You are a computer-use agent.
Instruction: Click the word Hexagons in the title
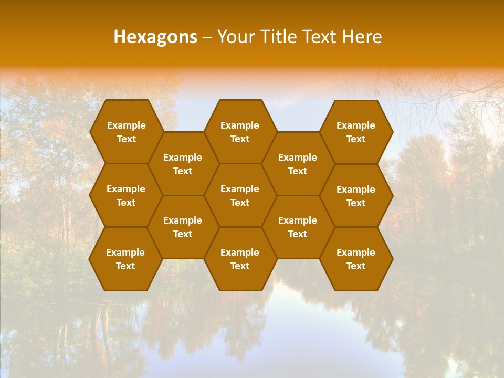pyautogui.click(x=155, y=37)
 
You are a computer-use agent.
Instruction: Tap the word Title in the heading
pyautogui.click(x=282, y=37)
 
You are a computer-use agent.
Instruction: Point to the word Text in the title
pyautogui.click(x=323, y=37)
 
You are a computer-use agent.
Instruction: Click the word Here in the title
pyautogui.click(x=362, y=37)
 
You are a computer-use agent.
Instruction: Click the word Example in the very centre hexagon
pyautogui.click(x=240, y=189)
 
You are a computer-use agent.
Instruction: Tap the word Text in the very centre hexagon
pyautogui.click(x=240, y=203)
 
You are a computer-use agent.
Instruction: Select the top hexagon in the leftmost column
pyautogui.click(x=126, y=132)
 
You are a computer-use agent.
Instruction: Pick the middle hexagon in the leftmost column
pyautogui.click(x=126, y=195)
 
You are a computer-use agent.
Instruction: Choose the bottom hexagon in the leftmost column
pyautogui.click(x=125, y=259)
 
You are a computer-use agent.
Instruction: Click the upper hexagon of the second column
pyautogui.click(x=183, y=164)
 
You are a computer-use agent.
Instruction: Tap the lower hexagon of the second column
pyautogui.click(x=183, y=227)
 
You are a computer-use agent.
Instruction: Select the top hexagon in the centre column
pyautogui.click(x=240, y=132)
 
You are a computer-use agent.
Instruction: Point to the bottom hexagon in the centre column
pyautogui.click(x=240, y=259)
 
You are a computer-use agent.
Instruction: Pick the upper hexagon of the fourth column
pyautogui.click(x=298, y=164)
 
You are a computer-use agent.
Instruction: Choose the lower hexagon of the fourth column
pyautogui.click(x=298, y=227)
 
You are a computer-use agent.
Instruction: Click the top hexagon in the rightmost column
pyautogui.click(x=356, y=132)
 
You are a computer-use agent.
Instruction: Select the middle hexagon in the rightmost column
pyautogui.click(x=356, y=196)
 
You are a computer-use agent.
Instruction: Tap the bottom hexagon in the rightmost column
pyautogui.click(x=356, y=259)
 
